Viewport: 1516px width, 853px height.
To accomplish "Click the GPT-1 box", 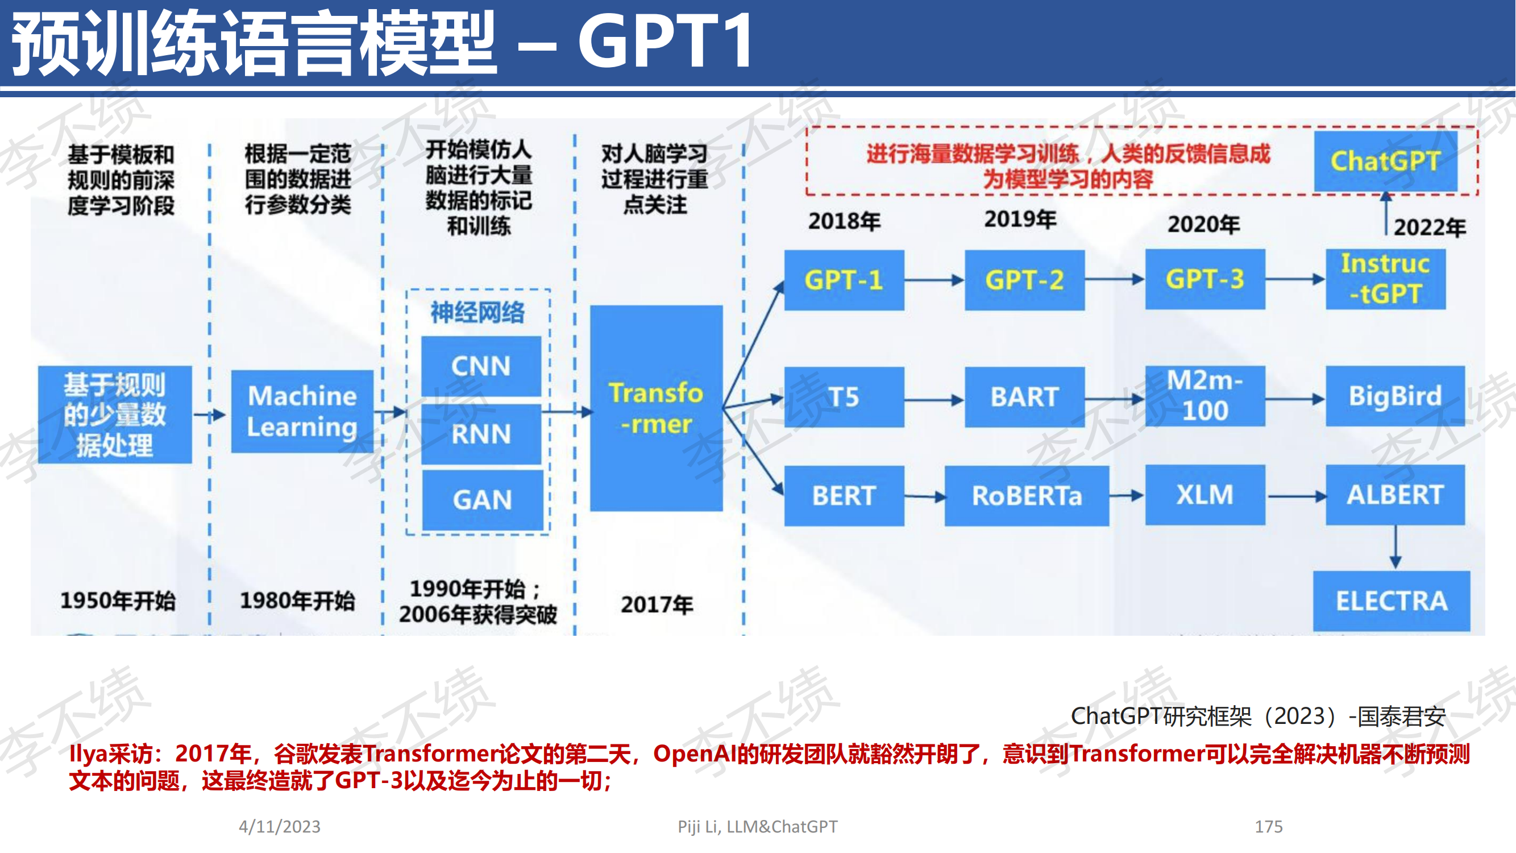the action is coord(844,280).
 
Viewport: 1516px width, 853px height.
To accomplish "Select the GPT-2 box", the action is coord(1025,280).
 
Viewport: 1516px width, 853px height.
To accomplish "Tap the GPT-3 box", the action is coord(1205,279).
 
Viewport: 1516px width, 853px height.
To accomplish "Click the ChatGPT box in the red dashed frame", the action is coord(1386,161).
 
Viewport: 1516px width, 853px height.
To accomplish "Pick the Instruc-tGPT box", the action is coord(1386,279).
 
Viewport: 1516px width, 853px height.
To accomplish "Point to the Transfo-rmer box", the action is coord(656,408).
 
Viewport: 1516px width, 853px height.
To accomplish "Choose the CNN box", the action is coord(481,366).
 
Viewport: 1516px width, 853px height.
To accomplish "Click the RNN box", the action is coord(481,434).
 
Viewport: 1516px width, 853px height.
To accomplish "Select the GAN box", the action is coord(483,500).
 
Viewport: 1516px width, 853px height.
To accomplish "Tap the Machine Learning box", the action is coord(302,411).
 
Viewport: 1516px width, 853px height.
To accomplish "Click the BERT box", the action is coord(844,496).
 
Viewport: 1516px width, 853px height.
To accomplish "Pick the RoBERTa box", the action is coord(1027,496).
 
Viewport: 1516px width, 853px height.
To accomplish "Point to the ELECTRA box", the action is coord(1392,601).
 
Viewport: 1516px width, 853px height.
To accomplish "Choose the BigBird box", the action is coord(1395,396).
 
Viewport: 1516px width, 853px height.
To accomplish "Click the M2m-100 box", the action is coord(1205,396).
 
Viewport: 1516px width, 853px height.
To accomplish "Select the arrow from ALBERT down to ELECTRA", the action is coord(1395,547).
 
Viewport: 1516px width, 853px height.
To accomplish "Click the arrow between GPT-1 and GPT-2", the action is coord(934,280).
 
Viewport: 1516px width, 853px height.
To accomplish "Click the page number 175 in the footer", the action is coord(1269,826).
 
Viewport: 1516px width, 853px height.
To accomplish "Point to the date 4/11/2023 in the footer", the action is coord(280,826).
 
